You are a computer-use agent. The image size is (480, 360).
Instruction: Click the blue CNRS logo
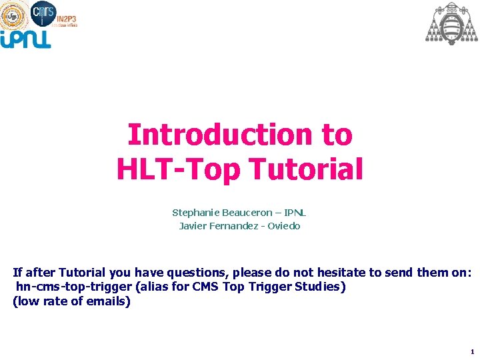pos(43,11)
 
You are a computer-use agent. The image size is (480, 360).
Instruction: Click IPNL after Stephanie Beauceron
pos(295,213)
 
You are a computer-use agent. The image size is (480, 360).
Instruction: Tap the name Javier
pos(192,226)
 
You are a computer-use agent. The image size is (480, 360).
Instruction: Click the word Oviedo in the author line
pos(285,226)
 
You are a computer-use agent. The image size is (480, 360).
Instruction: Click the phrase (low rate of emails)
pos(72,301)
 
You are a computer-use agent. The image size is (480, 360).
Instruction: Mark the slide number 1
pos(472,351)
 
